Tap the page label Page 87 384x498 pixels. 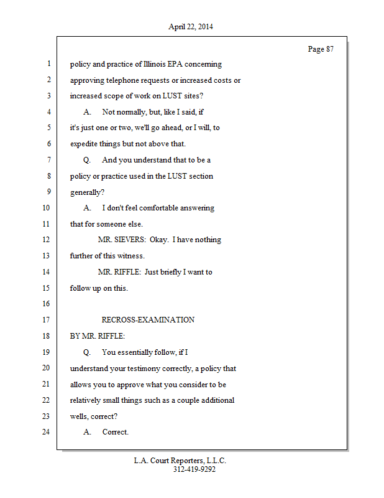pyautogui.click(x=321, y=49)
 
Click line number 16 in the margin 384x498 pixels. pyautogui.click(x=47, y=304)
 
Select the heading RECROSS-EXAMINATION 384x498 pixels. pyautogui.click(x=148, y=320)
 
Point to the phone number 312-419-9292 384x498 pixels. pyautogui.click(x=194, y=469)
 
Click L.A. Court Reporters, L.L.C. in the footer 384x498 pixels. pyautogui.click(x=180, y=461)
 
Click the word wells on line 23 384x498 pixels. pyautogui.click(x=79, y=416)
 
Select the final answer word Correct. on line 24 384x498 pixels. pyautogui.click(x=116, y=432)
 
